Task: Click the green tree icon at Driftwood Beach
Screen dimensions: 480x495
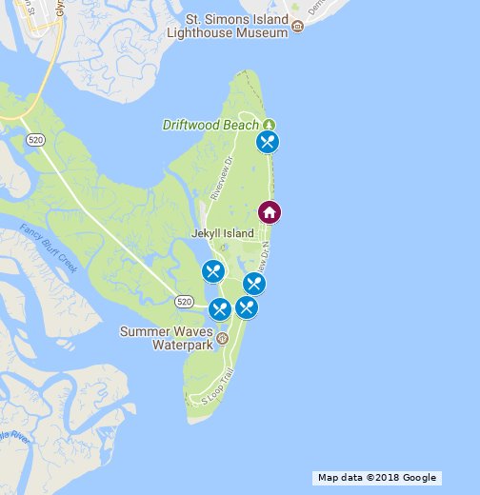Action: click(269, 125)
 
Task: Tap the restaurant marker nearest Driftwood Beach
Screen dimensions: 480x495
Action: click(268, 143)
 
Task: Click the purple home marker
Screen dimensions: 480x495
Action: click(270, 212)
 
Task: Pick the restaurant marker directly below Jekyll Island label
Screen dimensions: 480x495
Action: click(213, 272)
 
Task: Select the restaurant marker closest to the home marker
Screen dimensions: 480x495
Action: click(253, 283)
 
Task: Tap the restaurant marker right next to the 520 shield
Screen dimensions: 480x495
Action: click(219, 308)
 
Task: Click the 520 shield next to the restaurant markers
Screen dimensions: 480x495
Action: click(186, 301)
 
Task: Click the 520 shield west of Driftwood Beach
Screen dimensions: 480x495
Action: click(36, 140)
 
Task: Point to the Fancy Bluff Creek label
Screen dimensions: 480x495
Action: click(48, 247)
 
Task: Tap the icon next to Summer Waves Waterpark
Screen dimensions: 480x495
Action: click(222, 338)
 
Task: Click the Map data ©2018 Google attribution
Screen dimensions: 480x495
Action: click(376, 478)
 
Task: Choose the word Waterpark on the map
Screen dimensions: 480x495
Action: click(183, 346)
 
